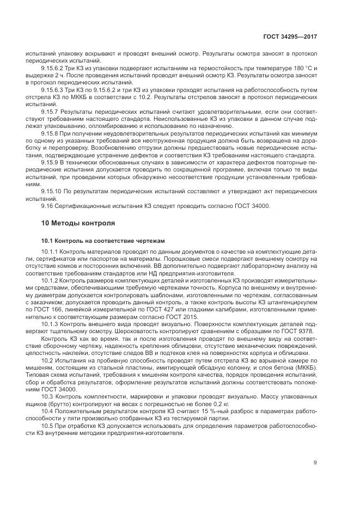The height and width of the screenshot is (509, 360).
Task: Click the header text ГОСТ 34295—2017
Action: tap(291, 36)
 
